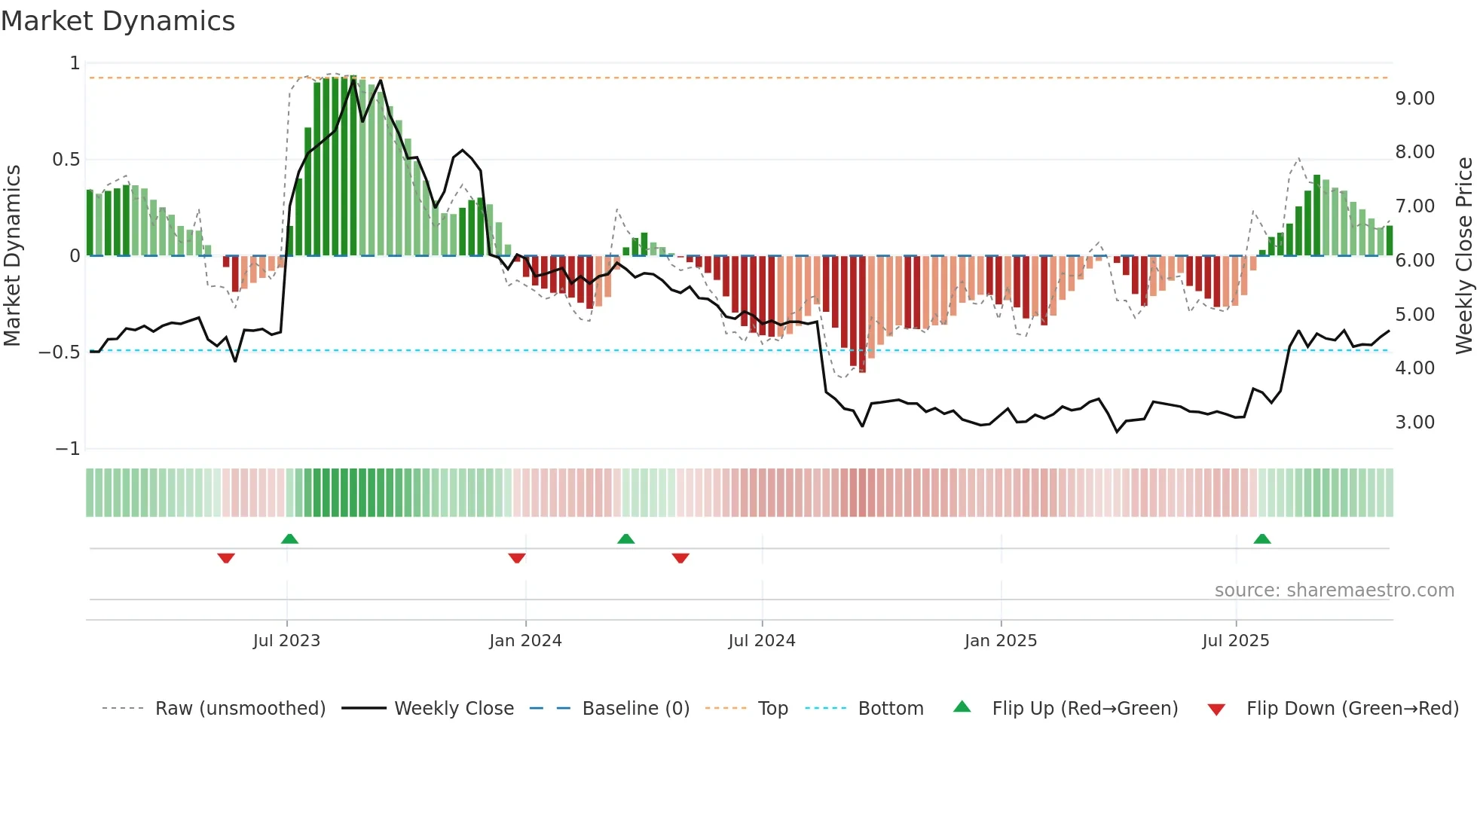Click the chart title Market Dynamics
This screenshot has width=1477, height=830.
coord(118,21)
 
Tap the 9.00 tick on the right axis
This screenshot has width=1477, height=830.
coord(1414,99)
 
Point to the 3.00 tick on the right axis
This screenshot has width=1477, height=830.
coord(1414,423)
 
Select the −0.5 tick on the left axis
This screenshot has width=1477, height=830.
coord(59,352)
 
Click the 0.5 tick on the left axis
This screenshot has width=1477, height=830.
coord(66,160)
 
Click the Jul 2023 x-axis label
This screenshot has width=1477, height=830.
coord(286,641)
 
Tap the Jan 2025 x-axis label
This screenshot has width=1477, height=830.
coord(1000,641)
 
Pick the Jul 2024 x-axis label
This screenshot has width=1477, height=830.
coord(761,641)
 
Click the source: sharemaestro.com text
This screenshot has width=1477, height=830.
coord(1334,590)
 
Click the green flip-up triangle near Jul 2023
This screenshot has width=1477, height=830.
coord(289,539)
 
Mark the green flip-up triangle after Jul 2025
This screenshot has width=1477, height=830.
coord(1262,539)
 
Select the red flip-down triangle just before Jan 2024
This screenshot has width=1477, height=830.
coord(517,558)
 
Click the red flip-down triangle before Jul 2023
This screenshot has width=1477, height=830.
coord(226,558)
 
